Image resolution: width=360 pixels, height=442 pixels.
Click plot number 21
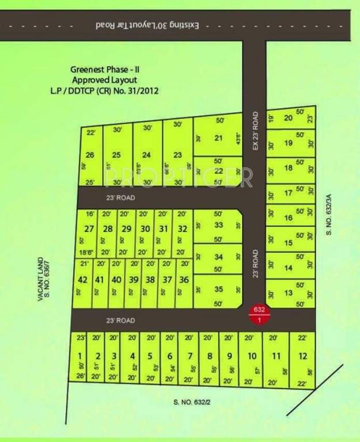pyautogui.click(x=218, y=138)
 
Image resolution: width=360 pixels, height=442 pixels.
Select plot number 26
pyautogui.click(x=89, y=155)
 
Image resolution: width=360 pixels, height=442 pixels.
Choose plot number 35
pyautogui.click(x=218, y=289)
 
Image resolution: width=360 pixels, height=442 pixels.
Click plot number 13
pyautogui.click(x=289, y=293)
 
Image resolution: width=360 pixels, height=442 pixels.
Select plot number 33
pyautogui.click(x=218, y=225)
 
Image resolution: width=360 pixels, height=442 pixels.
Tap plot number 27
pyautogui.click(x=89, y=229)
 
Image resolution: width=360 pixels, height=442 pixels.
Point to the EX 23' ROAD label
pyautogui.click(x=257, y=131)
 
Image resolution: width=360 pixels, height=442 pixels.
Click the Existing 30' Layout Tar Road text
pyautogui.click(x=151, y=25)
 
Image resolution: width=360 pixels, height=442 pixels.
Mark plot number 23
pyautogui.click(x=177, y=155)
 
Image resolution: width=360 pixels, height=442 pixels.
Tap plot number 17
pyautogui.click(x=289, y=193)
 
